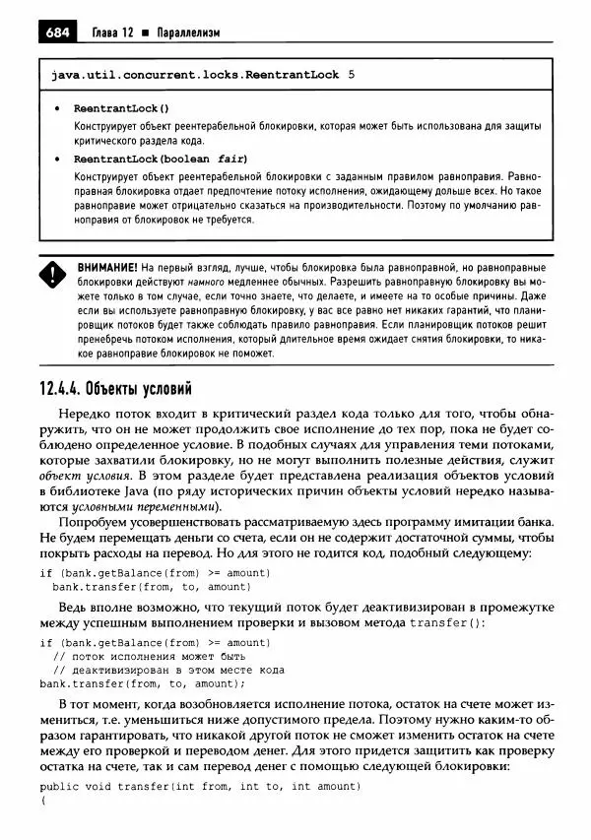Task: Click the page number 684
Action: click(57, 32)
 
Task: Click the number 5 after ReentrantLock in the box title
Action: click(353, 74)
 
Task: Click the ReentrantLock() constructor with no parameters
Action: click(121, 108)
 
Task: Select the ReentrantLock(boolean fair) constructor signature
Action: click(161, 159)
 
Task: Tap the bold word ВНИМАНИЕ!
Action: click(107, 267)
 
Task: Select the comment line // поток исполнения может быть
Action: click(148, 656)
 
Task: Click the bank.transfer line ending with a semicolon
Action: click(142, 683)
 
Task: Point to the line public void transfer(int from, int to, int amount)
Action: click(187, 786)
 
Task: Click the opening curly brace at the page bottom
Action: click(43, 803)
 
